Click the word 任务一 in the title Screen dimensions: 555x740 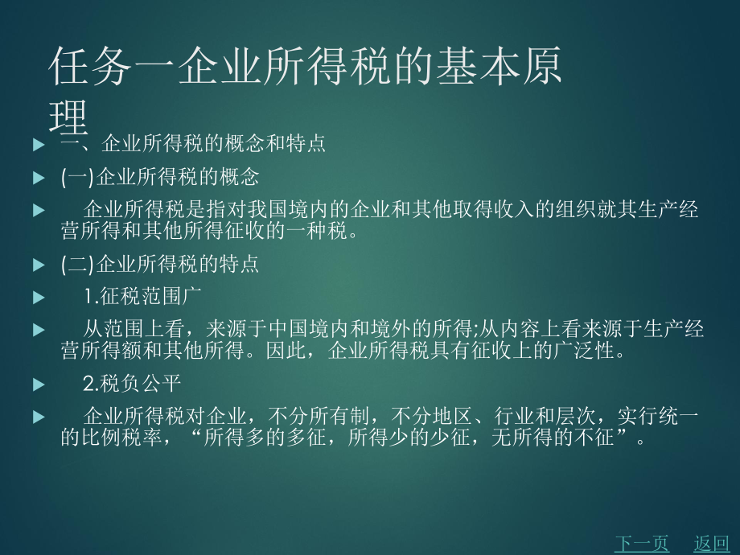pyautogui.click(x=109, y=67)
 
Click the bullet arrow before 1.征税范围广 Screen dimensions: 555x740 pyautogui.click(x=39, y=298)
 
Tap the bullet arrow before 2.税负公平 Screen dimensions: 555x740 pyautogui.click(x=39, y=384)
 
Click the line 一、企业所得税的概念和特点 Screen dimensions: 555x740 pyautogui.click(x=193, y=145)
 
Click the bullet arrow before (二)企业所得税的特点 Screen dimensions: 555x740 pyautogui.click(x=39, y=264)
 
